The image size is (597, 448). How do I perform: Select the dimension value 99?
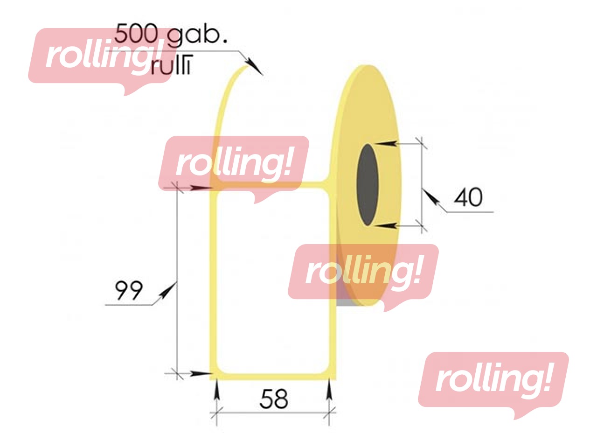click(128, 290)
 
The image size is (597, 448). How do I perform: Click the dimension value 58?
click(274, 399)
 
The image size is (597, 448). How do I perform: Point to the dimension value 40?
click(468, 197)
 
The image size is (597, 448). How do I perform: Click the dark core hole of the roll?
click(368, 185)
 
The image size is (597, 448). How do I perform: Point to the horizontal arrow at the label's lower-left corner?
click(201, 374)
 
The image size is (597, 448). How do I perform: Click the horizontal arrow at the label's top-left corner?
click(201, 188)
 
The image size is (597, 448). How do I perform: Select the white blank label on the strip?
click(273, 285)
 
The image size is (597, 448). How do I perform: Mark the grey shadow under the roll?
click(345, 303)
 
